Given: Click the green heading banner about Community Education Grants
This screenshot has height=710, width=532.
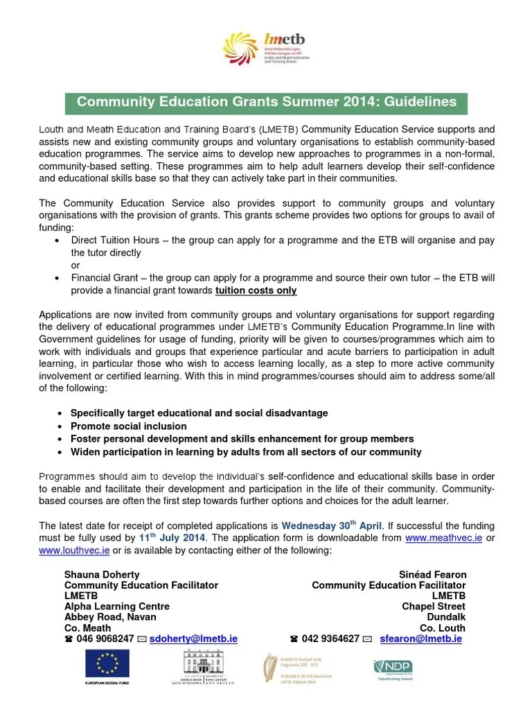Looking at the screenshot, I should [x=266, y=102].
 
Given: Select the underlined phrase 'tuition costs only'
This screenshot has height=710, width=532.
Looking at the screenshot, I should [x=256, y=291].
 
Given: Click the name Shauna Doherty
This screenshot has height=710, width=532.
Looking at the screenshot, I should [x=102, y=575].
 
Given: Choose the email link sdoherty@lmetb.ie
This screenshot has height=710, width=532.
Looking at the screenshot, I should [x=193, y=639].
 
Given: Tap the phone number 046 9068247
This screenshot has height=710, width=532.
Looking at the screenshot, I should [x=105, y=639].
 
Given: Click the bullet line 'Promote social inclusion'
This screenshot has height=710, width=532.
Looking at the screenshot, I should [x=129, y=426].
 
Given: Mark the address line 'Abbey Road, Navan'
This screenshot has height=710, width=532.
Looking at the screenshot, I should [x=110, y=616].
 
